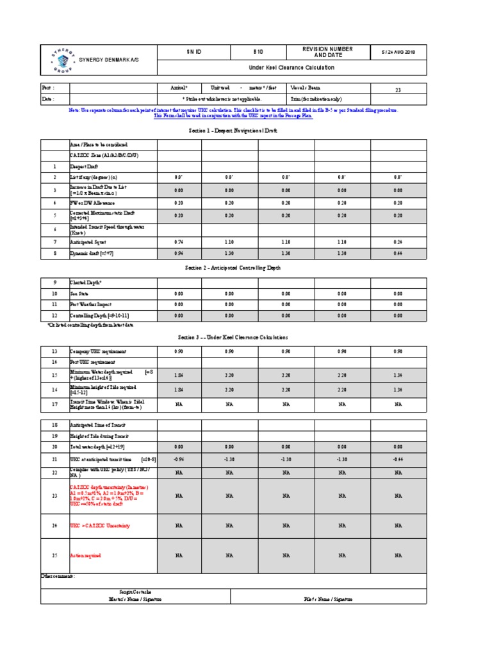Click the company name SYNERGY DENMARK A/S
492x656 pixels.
(x=108, y=60)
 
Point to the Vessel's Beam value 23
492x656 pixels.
(x=398, y=90)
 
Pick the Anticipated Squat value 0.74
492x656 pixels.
(x=179, y=242)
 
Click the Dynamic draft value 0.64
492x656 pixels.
(x=398, y=254)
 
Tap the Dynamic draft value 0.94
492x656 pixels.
(x=179, y=254)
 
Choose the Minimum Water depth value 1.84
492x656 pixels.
(x=179, y=375)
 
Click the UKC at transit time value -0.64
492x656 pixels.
(x=398, y=459)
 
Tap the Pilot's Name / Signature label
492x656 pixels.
(x=327, y=599)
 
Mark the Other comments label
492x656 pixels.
(x=58, y=576)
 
